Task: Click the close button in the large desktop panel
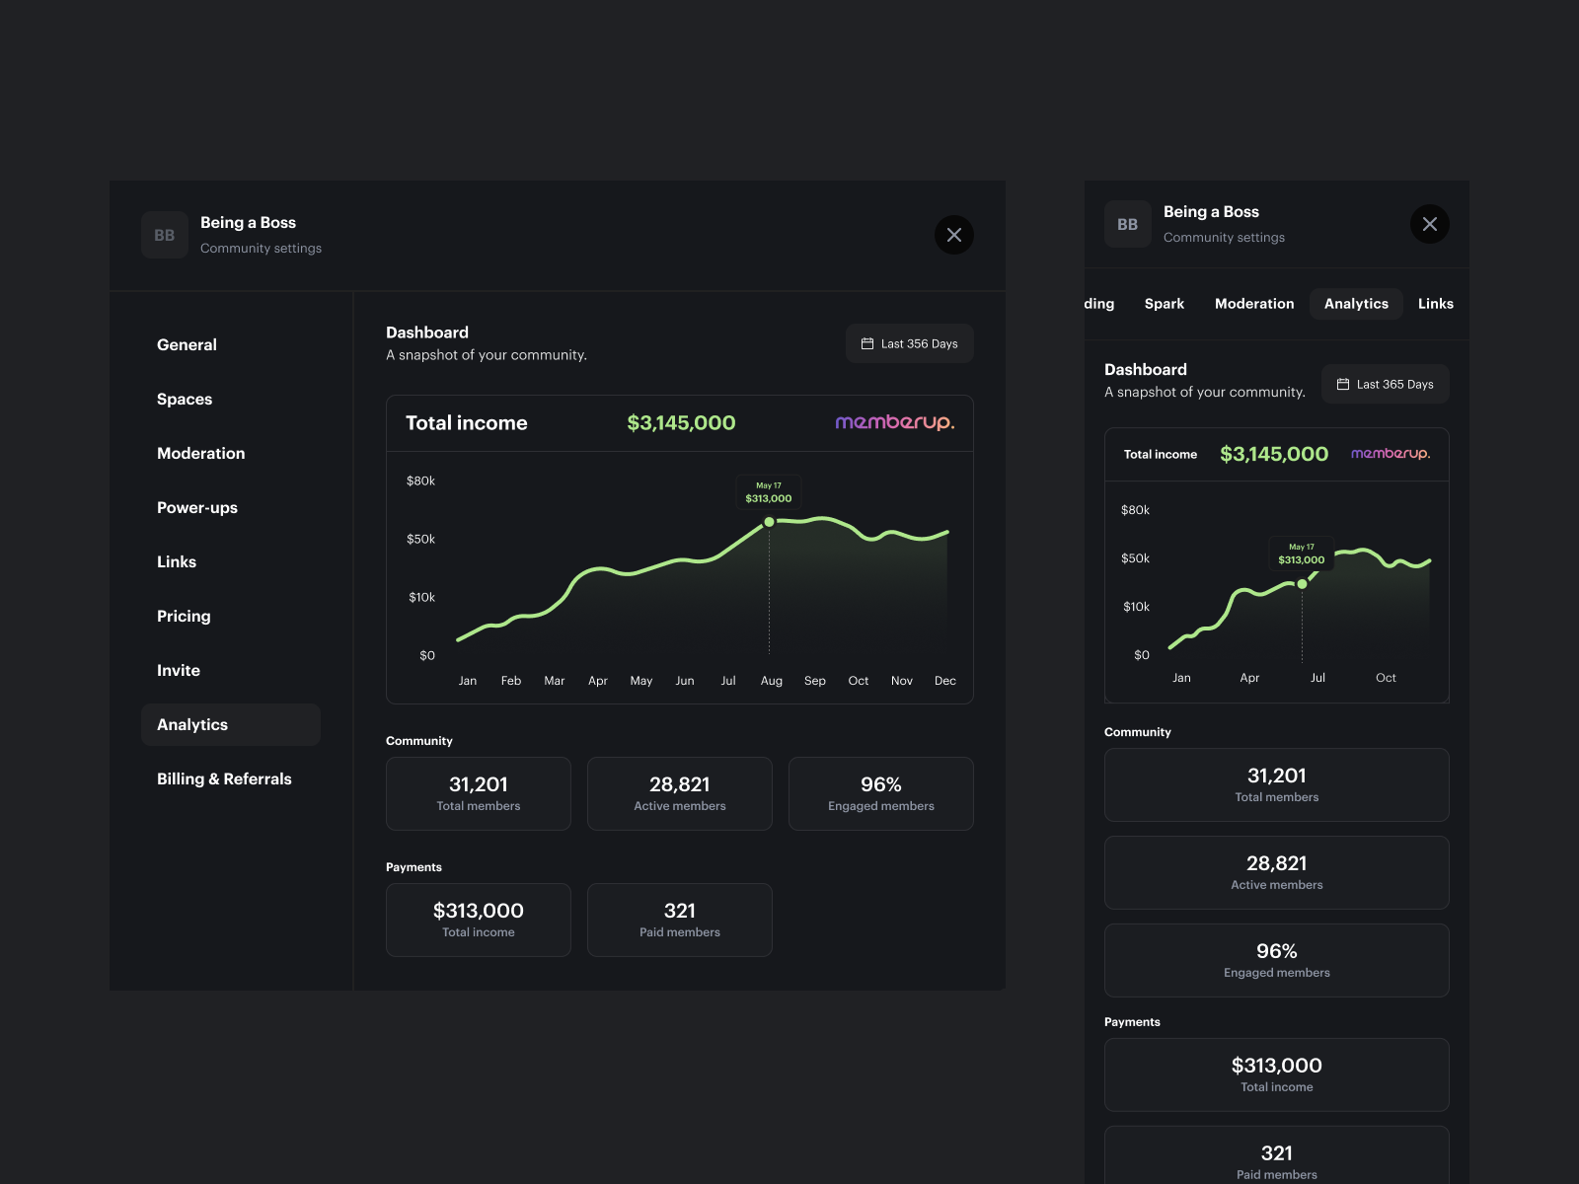point(953,235)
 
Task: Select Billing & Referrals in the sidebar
point(224,778)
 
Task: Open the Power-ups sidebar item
point(197,507)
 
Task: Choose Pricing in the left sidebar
point(184,616)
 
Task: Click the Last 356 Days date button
point(909,343)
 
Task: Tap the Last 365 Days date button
point(1385,384)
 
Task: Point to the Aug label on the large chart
point(771,681)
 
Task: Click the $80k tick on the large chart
point(420,481)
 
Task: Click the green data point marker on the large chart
point(770,522)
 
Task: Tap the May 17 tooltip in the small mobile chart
point(1301,554)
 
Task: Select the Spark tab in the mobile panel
point(1165,304)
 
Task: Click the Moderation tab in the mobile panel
point(1254,304)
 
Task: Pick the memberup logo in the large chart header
point(894,422)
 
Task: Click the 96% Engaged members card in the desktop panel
point(880,793)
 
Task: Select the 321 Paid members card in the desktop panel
point(679,920)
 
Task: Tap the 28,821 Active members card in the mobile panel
point(1276,872)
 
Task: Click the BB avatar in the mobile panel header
point(1127,224)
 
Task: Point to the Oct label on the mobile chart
point(1386,678)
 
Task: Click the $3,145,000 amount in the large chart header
point(681,423)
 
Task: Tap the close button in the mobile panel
point(1429,224)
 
